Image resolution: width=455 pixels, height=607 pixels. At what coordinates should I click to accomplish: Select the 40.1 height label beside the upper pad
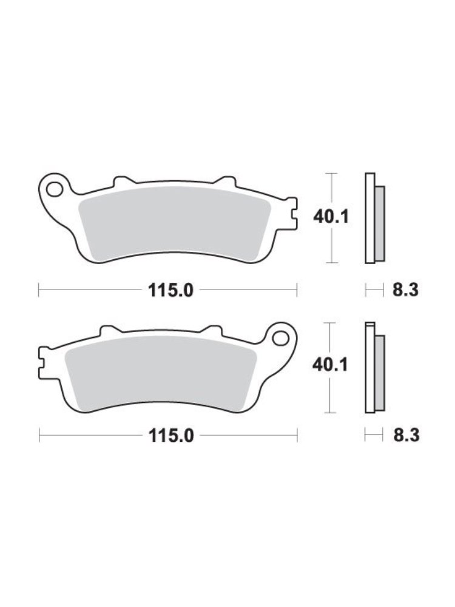coord(330,216)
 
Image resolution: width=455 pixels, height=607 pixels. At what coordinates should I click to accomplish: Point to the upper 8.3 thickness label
coord(403,291)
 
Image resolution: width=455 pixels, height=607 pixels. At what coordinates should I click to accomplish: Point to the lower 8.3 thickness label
coord(403,435)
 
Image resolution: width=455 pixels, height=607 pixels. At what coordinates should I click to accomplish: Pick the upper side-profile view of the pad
coord(374,219)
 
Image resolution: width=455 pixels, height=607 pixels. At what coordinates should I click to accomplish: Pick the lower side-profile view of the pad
coord(374,368)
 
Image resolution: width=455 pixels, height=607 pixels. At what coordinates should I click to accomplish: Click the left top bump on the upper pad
coord(123,180)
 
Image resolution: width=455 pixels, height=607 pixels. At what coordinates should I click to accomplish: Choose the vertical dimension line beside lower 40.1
coord(331,395)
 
